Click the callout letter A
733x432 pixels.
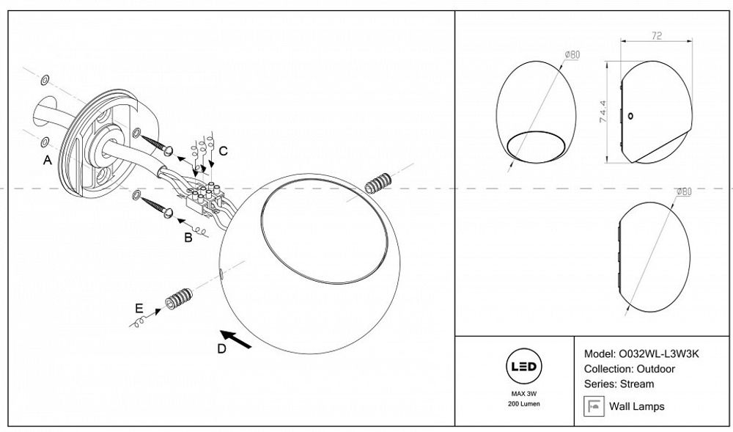click(47, 161)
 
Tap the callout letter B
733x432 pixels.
click(188, 238)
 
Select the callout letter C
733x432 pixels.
click(224, 151)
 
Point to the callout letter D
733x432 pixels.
click(221, 349)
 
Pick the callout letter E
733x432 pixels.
click(139, 308)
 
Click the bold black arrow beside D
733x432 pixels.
click(236, 339)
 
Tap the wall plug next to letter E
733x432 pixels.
click(178, 299)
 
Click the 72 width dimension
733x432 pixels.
click(657, 35)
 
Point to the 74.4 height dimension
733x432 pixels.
click(603, 111)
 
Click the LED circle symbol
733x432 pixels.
click(523, 367)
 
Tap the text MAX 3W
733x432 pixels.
click(523, 394)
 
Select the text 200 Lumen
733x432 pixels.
click(523, 403)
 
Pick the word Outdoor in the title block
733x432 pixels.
click(656, 369)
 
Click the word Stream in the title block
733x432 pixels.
click(637, 384)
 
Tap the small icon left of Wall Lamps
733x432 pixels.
click(594, 406)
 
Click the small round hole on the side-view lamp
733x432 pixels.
click(630, 116)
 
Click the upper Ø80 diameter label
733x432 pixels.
click(572, 55)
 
